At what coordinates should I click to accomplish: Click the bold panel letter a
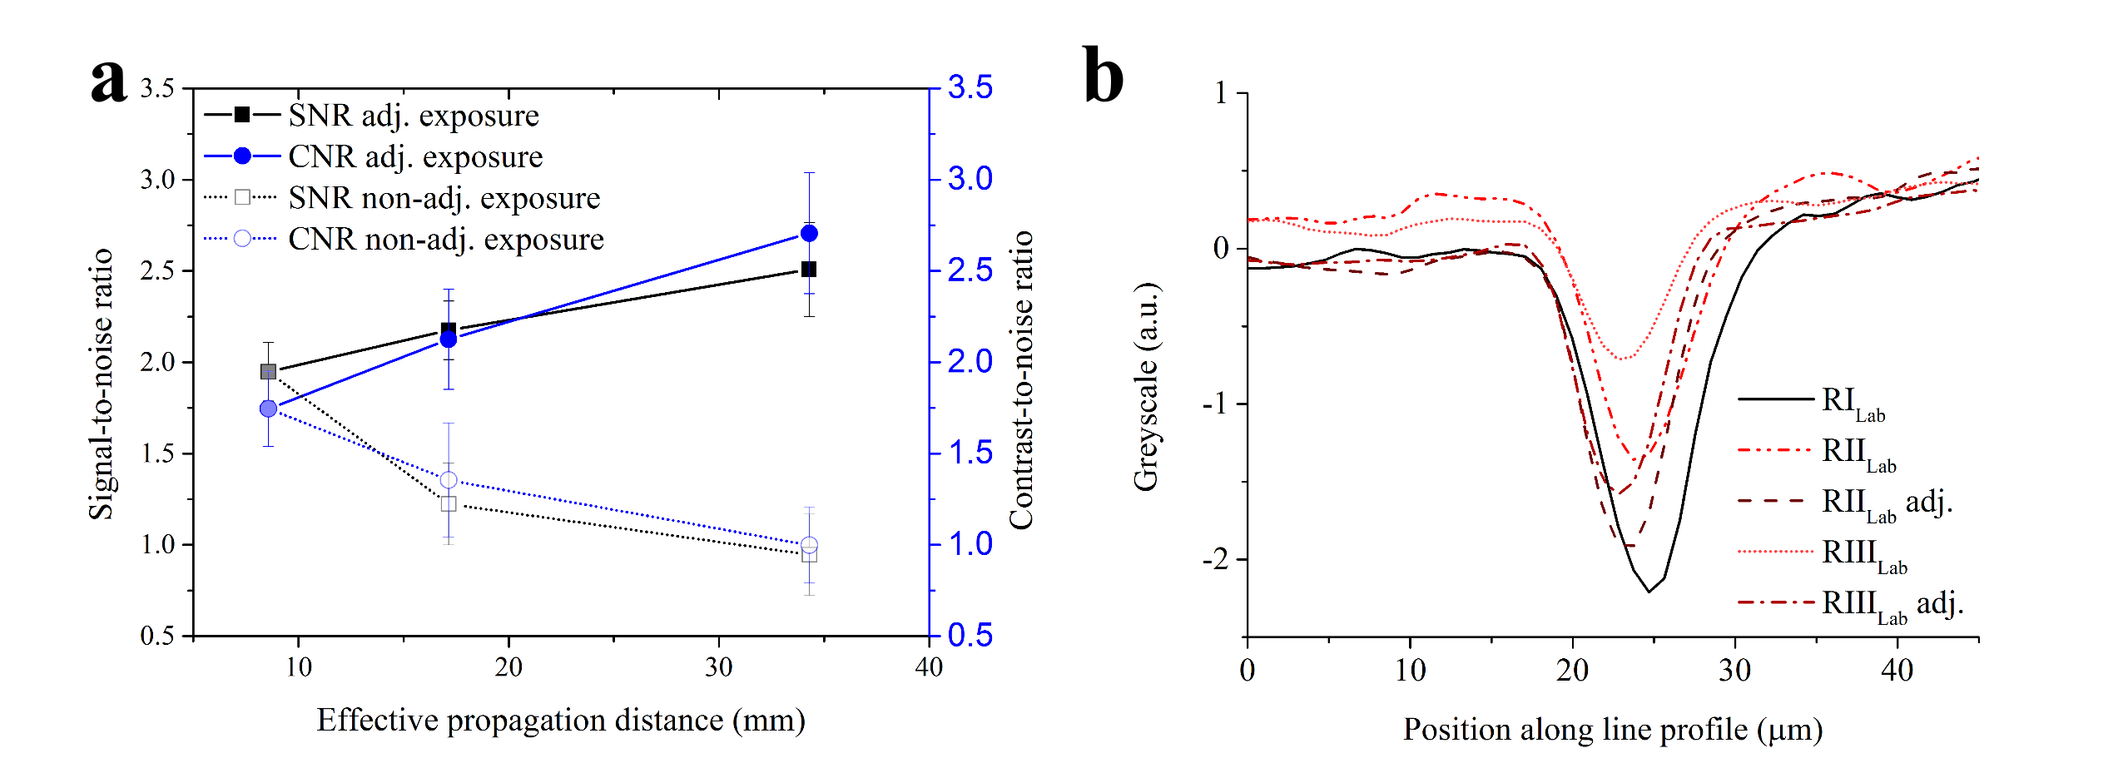[109, 81]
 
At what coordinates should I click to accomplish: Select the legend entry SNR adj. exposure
[414, 116]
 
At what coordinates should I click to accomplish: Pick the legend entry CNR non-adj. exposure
[445, 240]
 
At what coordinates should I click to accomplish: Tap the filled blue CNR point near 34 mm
[809, 233]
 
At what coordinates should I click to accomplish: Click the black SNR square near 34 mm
[809, 269]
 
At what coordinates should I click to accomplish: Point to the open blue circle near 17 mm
[449, 480]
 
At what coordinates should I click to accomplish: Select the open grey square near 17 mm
[449, 503]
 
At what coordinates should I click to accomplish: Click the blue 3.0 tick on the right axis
[970, 179]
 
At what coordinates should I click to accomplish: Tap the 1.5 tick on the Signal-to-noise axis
[157, 453]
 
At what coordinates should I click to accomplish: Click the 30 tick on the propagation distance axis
[719, 666]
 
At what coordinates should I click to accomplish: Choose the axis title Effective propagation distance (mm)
[561, 721]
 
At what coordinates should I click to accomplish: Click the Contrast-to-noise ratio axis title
[1021, 379]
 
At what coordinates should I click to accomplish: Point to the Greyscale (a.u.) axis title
[1146, 387]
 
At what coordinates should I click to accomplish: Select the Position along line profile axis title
[1613, 730]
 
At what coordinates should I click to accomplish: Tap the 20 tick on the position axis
[1572, 671]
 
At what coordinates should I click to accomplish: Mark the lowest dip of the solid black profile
[1649, 592]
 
